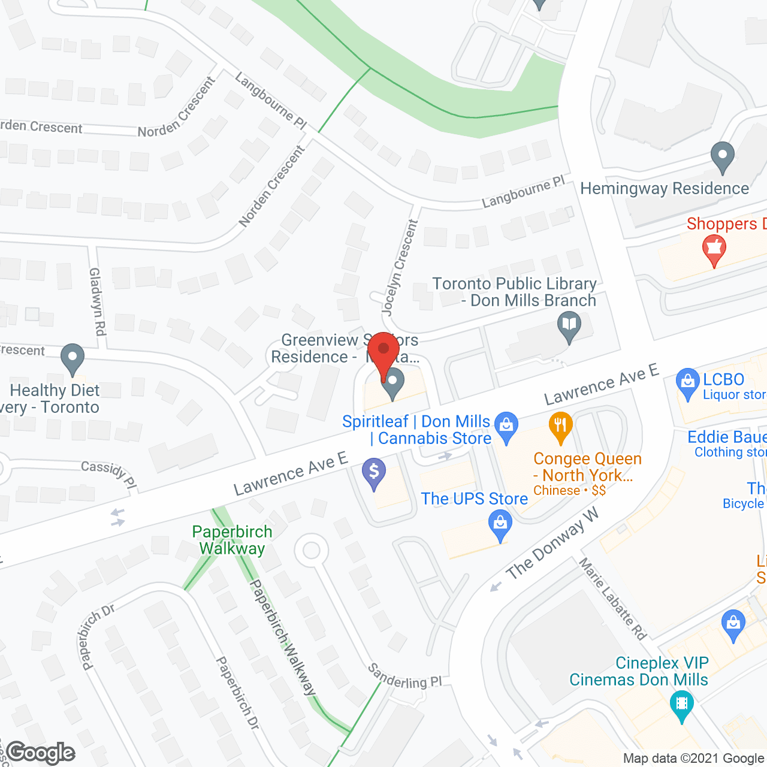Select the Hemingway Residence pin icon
[722, 156]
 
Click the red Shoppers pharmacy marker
[714, 249]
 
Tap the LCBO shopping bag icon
[687, 382]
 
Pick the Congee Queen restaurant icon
[560, 427]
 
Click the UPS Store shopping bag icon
[500, 524]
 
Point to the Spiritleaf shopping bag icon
[506, 427]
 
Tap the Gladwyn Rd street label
[97, 301]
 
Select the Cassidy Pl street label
[109, 473]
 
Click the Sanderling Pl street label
[404, 676]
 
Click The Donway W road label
[552, 544]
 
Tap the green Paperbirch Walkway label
[232, 540]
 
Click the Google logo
[41, 753]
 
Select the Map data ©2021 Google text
[694, 759]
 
